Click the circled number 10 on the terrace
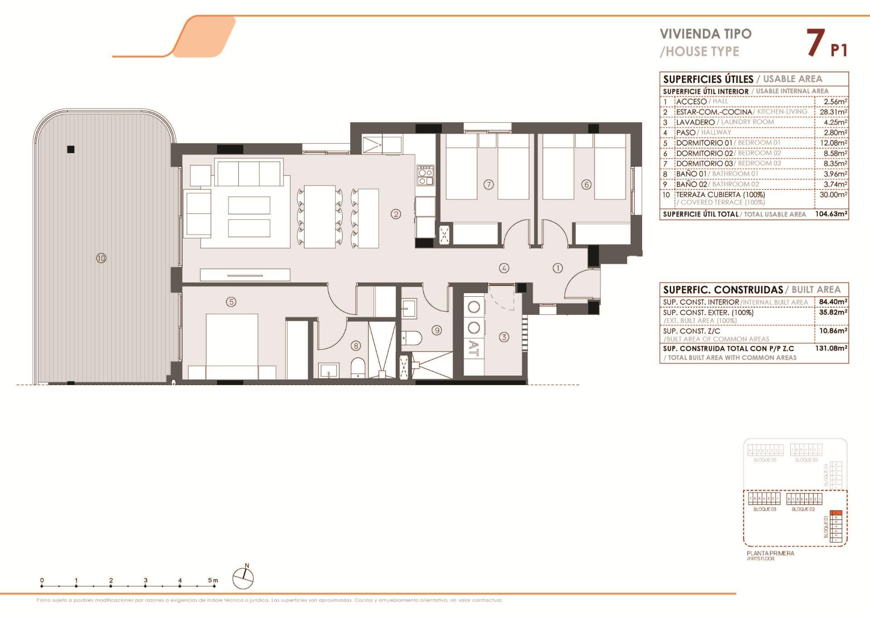coord(101,258)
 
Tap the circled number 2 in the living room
coord(396,214)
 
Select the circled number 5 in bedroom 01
coord(231,302)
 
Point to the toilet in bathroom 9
coord(412,337)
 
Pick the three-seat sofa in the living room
coord(249,173)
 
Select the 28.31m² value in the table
coord(833,112)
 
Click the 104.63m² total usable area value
coord(831,214)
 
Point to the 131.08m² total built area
coord(833,348)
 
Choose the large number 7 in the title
coord(816,43)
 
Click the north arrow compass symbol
coord(243,578)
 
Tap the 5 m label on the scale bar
coord(213,580)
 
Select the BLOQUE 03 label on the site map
coord(764,510)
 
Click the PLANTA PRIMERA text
coord(770,553)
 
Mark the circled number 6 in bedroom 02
coord(586,184)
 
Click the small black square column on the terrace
coord(71,149)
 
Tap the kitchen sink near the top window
coord(372,144)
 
